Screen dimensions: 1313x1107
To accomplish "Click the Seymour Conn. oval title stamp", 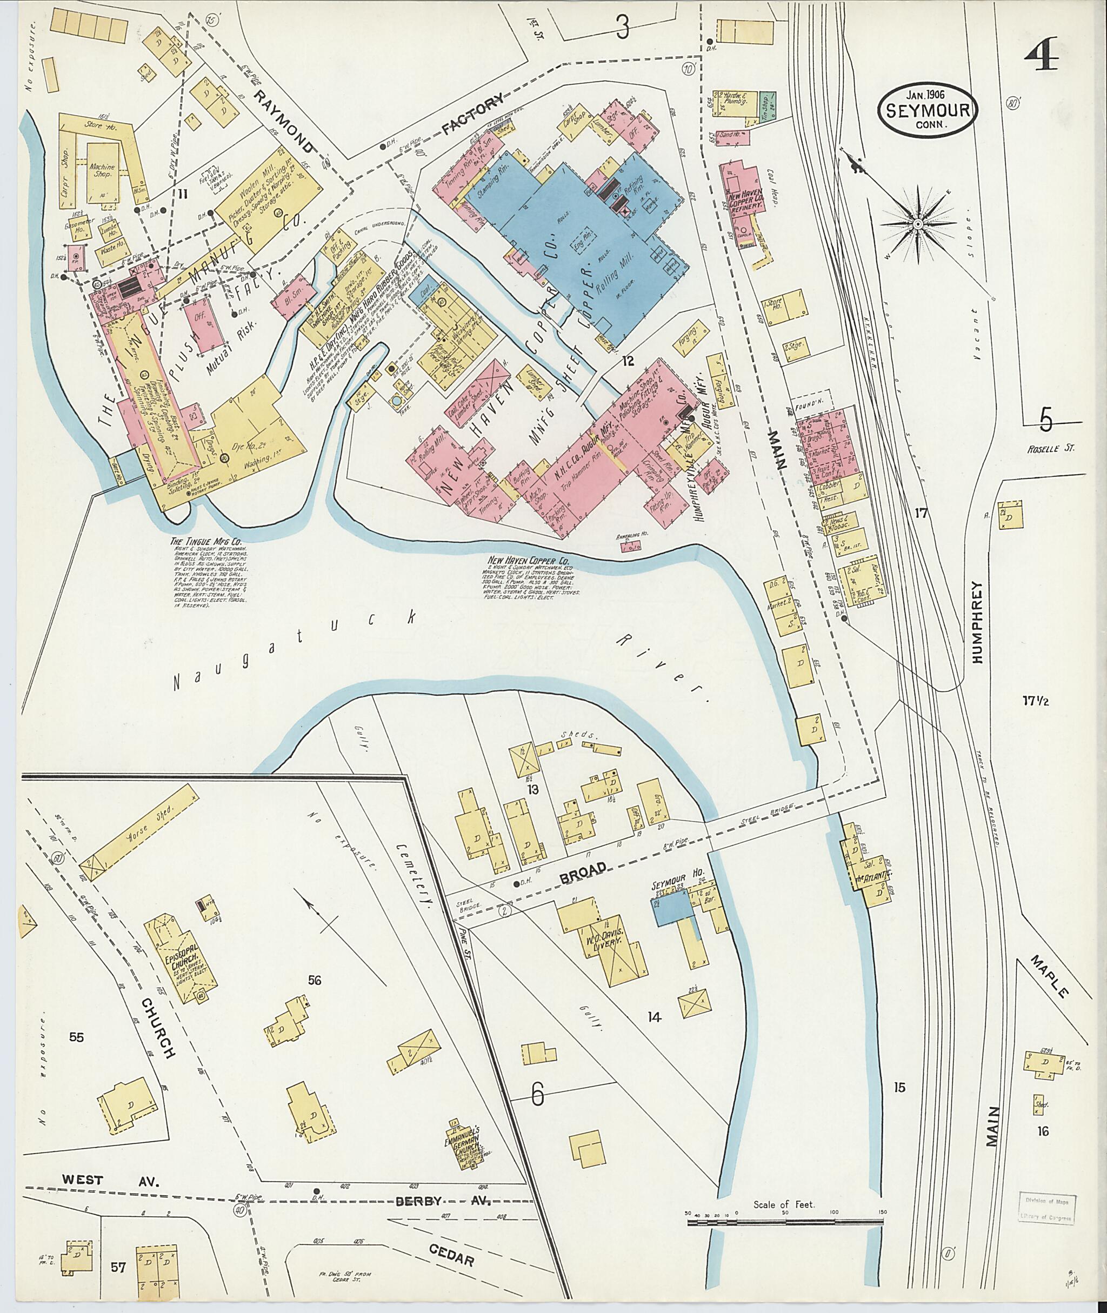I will tap(928, 110).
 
